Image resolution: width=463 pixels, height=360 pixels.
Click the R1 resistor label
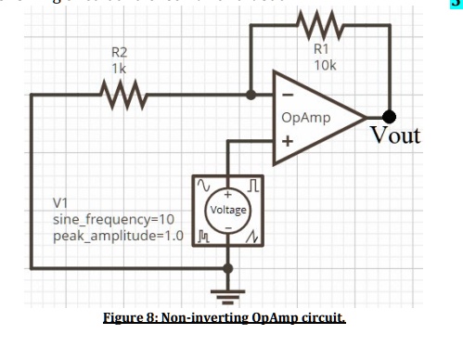coord(321,48)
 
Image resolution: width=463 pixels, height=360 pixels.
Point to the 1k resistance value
coord(118,70)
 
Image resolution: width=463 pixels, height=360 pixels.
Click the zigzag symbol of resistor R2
coord(118,94)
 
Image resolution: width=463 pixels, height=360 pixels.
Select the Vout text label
coord(394,135)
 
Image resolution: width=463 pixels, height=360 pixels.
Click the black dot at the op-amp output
coord(390,117)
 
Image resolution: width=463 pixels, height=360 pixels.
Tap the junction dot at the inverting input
coord(250,94)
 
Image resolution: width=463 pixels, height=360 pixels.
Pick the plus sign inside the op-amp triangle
coord(288,142)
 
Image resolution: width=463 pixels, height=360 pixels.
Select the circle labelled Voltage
coord(227,211)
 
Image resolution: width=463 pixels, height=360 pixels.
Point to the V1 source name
coord(60,201)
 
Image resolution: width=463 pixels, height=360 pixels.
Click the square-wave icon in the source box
coord(253,186)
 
